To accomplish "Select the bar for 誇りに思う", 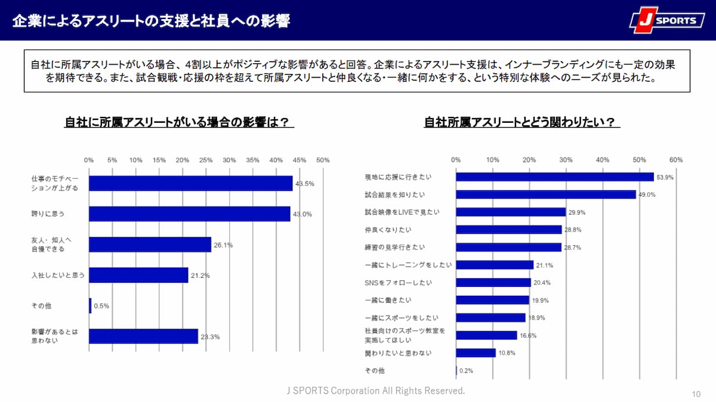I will coord(189,214).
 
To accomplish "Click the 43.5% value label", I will coord(305,184).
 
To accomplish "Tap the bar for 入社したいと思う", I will coord(138,275).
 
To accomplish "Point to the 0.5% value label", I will coord(102,306).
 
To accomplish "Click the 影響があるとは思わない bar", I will coord(143,336).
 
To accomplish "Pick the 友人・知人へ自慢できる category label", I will coord(51,244).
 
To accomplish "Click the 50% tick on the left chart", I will coord(323,160).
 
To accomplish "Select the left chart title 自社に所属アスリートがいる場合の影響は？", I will coord(180,122).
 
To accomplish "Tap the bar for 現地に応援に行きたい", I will coord(555,177).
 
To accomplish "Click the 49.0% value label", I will coord(647,194).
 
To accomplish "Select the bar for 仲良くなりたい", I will coord(509,230).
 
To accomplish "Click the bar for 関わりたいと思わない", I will coord(476,353).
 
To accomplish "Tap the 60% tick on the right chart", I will coord(676,160).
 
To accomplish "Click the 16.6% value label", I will coord(527,336).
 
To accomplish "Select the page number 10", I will coord(696,394).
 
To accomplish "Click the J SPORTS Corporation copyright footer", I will coord(376,391).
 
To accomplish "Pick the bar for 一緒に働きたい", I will coord(492,300).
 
